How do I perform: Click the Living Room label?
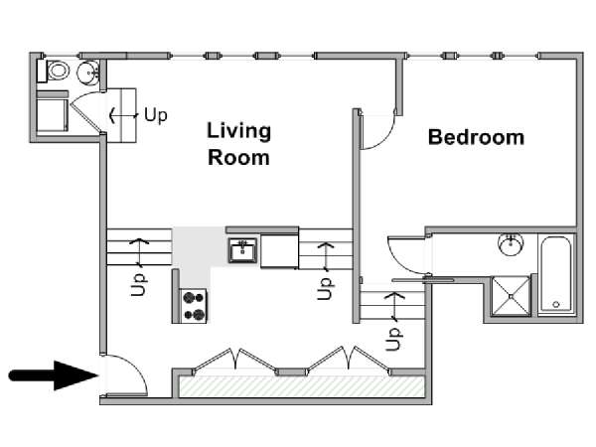click(x=238, y=144)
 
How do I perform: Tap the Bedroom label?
click(x=476, y=137)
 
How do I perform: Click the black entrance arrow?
click(x=54, y=375)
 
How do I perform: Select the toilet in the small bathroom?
click(x=54, y=71)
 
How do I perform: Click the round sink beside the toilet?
click(x=88, y=72)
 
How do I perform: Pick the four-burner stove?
click(x=194, y=306)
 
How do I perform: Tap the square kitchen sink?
click(x=242, y=250)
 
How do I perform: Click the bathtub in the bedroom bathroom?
click(x=555, y=274)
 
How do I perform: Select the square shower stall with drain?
click(x=511, y=296)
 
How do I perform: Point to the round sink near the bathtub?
click(x=511, y=244)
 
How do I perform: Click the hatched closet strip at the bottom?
click(x=301, y=386)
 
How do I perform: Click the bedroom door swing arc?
click(x=384, y=140)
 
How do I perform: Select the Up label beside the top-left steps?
click(x=156, y=114)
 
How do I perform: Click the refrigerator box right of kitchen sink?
click(x=279, y=251)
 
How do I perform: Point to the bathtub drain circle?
click(x=556, y=304)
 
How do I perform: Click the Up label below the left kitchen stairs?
click(x=138, y=285)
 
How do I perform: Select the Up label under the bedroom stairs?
click(x=393, y=339)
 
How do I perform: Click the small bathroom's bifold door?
click(x=85, y=112)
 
